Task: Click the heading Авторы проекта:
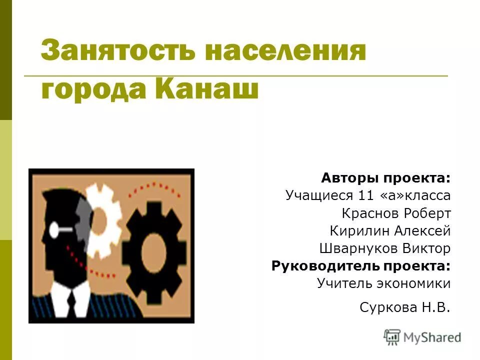(x=385, y=178)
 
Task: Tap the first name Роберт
(x=426, y=213)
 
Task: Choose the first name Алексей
(x=422, y=231)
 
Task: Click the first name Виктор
(x=426, y=248)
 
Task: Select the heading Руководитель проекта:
(x=361, y=265)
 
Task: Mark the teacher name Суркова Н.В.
(x=404, y=307)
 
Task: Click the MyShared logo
(x=422, y=337)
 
